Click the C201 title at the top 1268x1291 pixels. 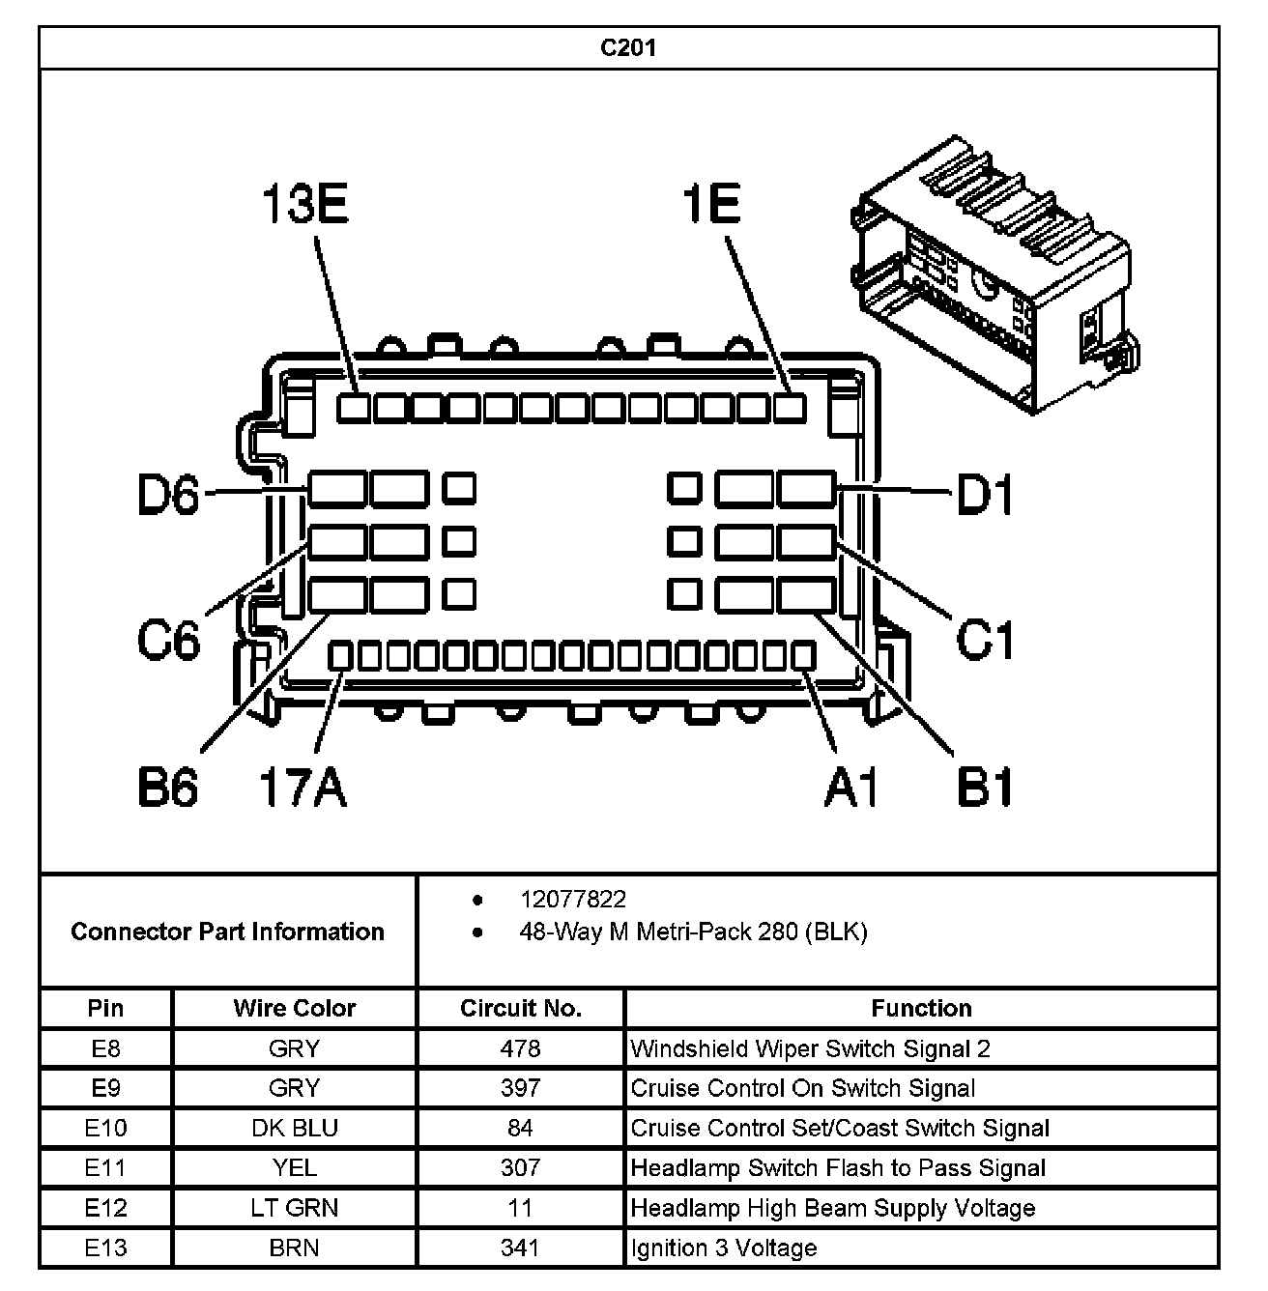pos(628,48)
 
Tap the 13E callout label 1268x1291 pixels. pos(305,206)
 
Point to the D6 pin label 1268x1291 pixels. pos(168,497)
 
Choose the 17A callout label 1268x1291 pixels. pos(303,788)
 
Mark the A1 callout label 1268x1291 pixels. pos(852,788)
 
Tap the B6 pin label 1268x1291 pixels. pos(168,788)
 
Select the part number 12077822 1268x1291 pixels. pos(573,900)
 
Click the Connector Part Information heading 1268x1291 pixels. pos(227,932)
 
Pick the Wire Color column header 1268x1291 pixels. pos(294,1008)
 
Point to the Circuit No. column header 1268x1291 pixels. pos(520,1008)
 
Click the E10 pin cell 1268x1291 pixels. pos(105,1128)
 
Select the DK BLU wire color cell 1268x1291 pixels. pos(294,1128)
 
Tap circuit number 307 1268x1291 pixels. pos(520,1167)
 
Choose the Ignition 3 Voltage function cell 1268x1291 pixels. pos(724,1248)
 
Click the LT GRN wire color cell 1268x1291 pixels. pos(294,1208)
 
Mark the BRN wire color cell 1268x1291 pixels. pos(294,1248)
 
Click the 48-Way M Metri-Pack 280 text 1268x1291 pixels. pos(693,932)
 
